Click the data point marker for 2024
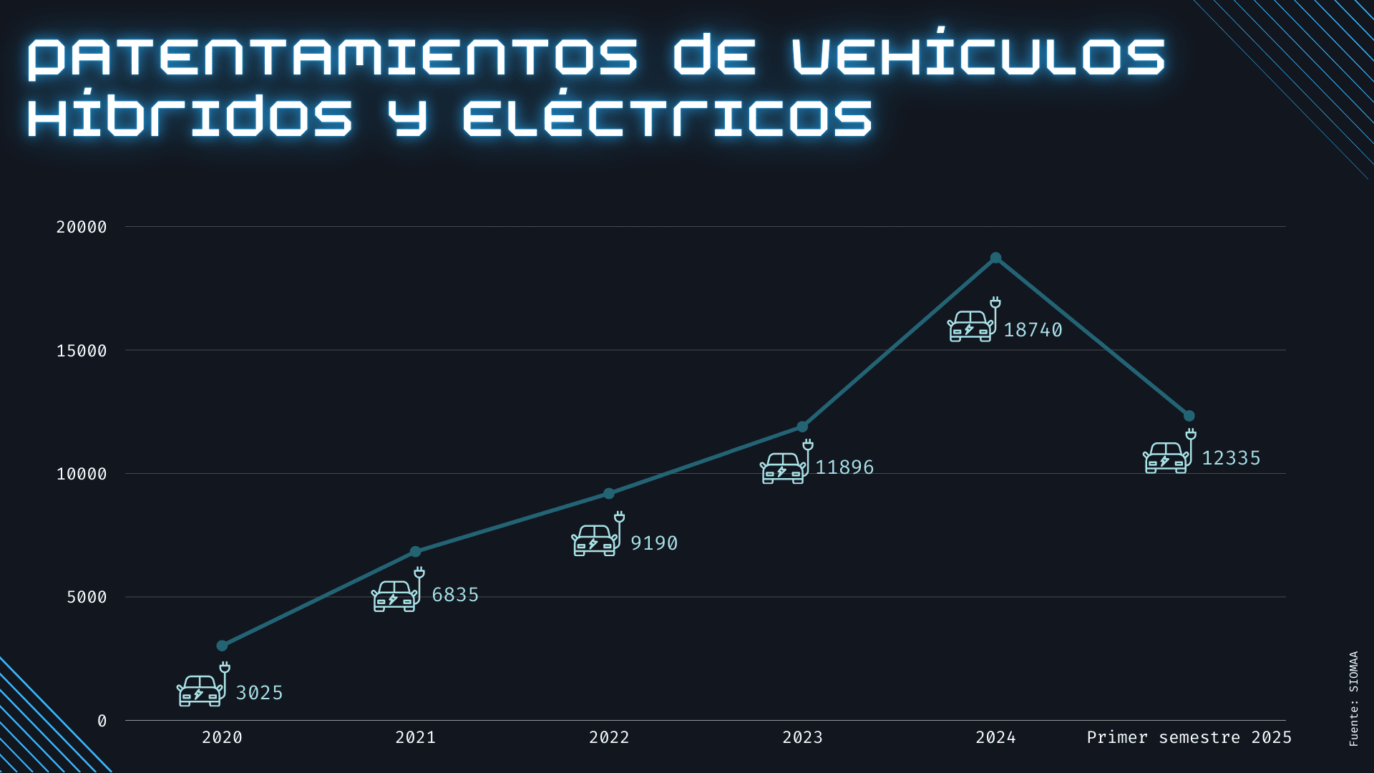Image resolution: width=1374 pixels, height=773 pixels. (x=995, y=258)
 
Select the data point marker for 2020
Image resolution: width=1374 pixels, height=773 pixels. (x=222, y=646)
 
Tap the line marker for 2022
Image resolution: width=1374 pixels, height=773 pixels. (x=609, y=493)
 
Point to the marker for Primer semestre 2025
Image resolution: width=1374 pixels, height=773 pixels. (x=1189, y=416)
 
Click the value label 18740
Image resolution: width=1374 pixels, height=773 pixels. (x=1033, y=330)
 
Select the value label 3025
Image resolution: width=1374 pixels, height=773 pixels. (x=259, y=693)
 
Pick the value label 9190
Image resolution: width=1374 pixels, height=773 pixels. (x=653, y=543)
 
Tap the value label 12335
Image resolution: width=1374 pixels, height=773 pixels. (x=1231, y=458)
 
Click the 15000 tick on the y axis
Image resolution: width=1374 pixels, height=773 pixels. (x=82, y=351)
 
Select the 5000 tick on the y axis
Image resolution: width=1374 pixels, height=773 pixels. (x=87, y=597)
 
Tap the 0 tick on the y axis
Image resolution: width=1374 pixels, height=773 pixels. (x=102, y=721)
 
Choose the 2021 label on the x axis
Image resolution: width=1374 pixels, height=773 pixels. (x=416, y=737)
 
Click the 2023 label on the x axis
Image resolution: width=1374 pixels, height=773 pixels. (x=802, y=737)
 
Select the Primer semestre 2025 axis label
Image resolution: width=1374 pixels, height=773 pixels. (x=1189, y=737)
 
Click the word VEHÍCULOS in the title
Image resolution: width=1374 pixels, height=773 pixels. (x=978, y=56)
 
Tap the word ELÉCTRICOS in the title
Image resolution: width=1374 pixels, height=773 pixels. (x=667, y=117)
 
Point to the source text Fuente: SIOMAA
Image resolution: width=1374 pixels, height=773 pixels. (x=1353, y=699)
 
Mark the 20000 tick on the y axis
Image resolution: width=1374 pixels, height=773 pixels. (x=82, y=227)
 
